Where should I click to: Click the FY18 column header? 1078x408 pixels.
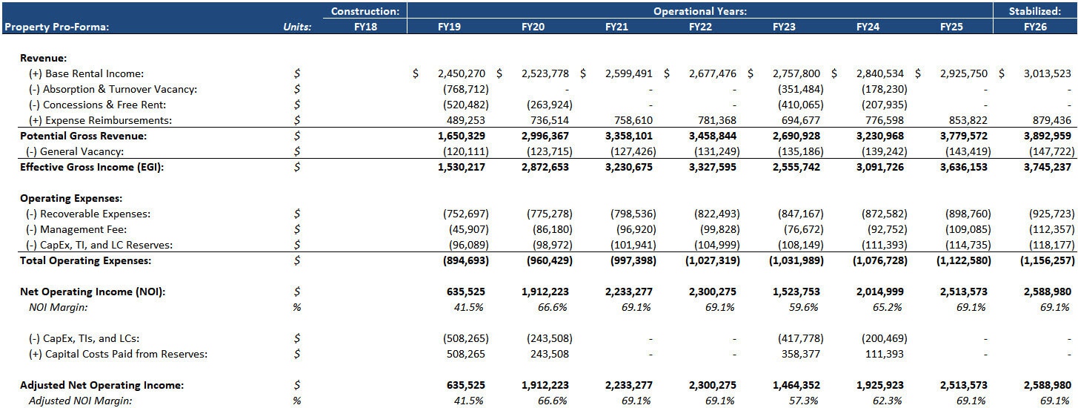pos(365,27)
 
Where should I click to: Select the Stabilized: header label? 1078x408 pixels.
pos(1035,11)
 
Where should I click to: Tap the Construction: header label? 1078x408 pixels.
pos(365,11)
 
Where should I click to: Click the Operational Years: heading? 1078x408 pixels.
pos(699,11)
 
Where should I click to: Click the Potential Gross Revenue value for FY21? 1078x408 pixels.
pos(631,136)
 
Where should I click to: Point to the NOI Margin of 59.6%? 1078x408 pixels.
pos(803,307)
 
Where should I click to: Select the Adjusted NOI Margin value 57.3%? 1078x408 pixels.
pos(803,401)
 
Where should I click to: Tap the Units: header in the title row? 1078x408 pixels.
pos(297,27)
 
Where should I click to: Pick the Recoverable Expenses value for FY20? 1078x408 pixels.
pos(548,214)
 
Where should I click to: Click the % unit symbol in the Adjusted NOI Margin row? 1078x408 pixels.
pos(297,401)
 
